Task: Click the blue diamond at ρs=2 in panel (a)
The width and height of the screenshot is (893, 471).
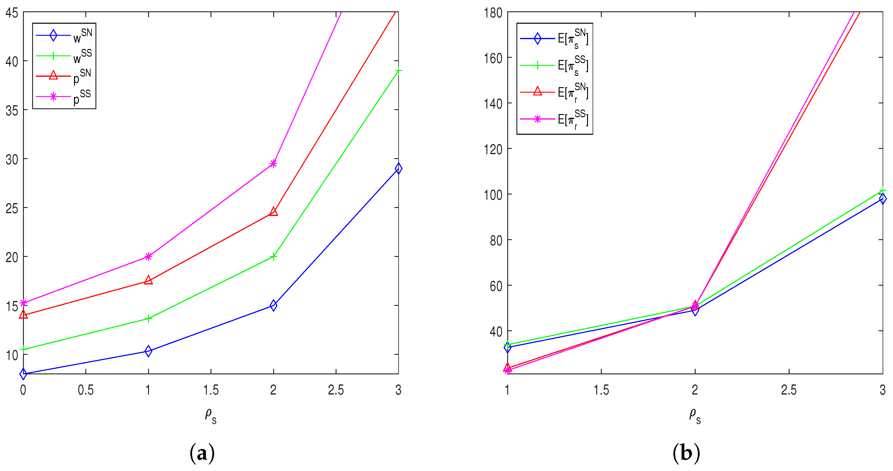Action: pos(273,305)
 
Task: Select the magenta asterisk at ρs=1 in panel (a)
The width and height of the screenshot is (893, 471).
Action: pos(148,257)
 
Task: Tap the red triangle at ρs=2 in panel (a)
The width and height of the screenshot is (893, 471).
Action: pos(273,211)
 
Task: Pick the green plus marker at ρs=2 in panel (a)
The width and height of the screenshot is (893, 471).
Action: pos(273,257)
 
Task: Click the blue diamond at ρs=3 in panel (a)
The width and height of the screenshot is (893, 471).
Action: pos(398,169)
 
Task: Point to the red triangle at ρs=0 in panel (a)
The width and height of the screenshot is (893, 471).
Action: pos(23,314)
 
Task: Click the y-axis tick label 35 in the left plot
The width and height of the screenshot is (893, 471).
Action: pos(12,110)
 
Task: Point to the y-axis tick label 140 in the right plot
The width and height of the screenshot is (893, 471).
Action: pos(493,103)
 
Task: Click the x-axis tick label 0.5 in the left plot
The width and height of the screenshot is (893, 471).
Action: pos(86,390)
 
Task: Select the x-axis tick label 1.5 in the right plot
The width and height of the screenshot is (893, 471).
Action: pos(601,390)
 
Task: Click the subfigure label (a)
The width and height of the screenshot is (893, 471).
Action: pos(202,453)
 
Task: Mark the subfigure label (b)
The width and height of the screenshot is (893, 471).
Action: pos(686,453)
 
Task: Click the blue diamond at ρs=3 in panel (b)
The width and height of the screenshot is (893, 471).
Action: pos(882,198)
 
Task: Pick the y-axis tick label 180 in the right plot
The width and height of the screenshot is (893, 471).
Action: pos(493,13)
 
